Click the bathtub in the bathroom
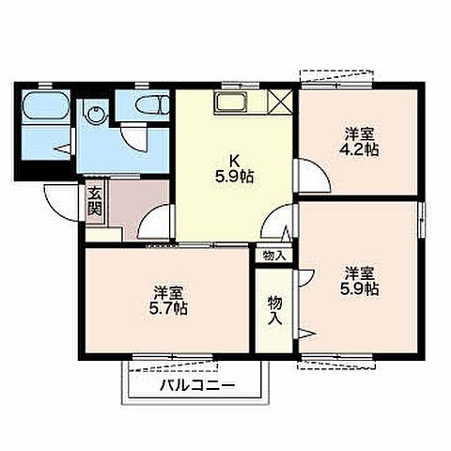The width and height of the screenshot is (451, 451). click(x=46, y=106)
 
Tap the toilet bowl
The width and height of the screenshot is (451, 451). click(x=152, y=104)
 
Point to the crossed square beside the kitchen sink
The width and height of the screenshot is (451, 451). click(x=281, y=102)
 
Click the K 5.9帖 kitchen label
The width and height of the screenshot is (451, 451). click(x=234, y=170)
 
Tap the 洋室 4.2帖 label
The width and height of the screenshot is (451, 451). click(x=359, y=143)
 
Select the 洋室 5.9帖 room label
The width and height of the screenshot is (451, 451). click(x=359, y=281)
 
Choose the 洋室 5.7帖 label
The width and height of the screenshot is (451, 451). click(x=168, y=301)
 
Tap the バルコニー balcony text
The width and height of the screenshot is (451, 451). click(x=197, y=386)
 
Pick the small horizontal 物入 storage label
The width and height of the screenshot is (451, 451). click(x=274, y=256)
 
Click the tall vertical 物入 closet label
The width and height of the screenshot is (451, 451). click(x=274, y=311)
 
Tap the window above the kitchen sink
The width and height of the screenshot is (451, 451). click(x=241, y=86)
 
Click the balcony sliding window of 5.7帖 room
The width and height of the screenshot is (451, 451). click(x=173, y=356)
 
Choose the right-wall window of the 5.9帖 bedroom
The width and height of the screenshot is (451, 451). click(x=422, y=221)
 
